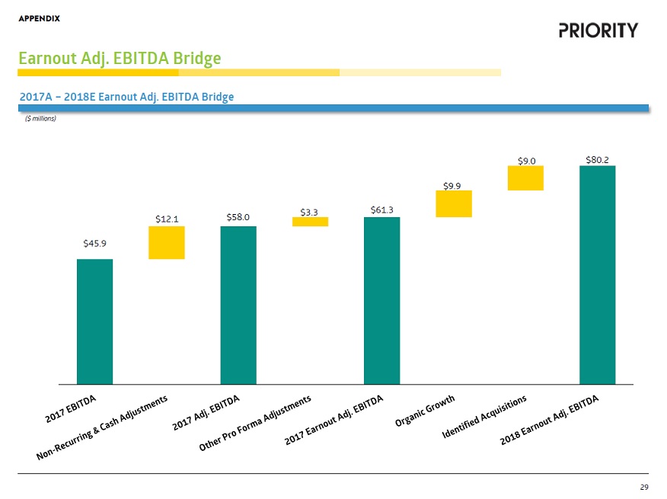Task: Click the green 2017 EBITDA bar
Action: click(94, 321)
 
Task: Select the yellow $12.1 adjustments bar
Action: click(167, 243)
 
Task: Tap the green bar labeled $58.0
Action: click(238, 305)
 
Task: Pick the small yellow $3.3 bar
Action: click(310, 222)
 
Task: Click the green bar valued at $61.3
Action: click(381, 300)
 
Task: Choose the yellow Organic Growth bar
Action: click(454, 203)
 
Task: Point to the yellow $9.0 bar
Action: click(525, 178)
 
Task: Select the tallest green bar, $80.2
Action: click(597, 274)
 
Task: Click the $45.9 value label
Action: click(94, 244)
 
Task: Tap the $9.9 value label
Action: click(453, 184)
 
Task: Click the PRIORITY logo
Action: click(598, 30)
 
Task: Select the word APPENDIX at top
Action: click(40, 18)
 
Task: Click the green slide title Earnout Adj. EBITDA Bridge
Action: click(120, 58)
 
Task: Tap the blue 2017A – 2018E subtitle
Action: click(126, 97)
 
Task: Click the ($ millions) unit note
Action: click(41, 118)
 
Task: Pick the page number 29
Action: click(644, 487)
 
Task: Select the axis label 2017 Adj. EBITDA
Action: click(206, 414)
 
